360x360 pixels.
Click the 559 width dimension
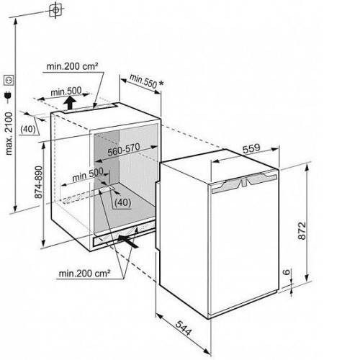click(x=251, y=148)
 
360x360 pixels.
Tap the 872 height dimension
click(x=302, y=230)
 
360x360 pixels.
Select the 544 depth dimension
click(x=184, y=328)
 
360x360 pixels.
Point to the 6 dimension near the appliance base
click(x=286, y=272)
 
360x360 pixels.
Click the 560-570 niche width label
click(x=124, y=150)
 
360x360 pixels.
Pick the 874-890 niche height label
click(x=38, y=182)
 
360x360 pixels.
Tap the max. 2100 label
click(x=9, y=133)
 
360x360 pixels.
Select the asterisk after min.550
click(x=161, y=83)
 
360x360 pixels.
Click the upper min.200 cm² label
click(x=73, y=66)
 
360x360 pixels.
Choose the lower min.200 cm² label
click(x=85, y=273)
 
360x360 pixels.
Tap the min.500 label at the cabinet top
click(x=66, y=91)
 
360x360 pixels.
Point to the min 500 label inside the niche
click(x=88, y=175)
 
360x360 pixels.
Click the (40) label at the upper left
click(x=28, y=129)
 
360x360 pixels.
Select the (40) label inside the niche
click(x=122, y=203)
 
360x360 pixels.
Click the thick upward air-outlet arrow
click(x=70, y=102)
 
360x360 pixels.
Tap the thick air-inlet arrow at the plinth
click(x=128, y=241)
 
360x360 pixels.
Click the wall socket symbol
click(x=9, y=80)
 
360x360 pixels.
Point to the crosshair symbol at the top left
click(x=55, y=10)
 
